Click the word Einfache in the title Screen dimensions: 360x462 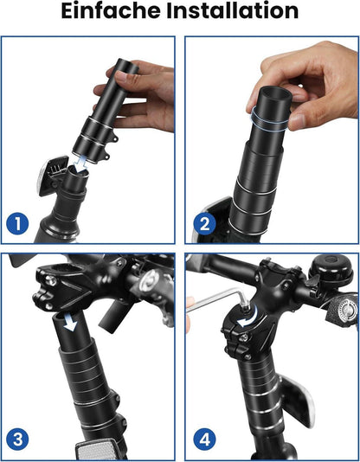tap(111, 11)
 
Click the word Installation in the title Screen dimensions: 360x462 tap(233, 11)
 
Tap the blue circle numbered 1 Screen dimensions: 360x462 tap(17, 223)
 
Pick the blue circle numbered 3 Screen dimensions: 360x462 tap(17, 440)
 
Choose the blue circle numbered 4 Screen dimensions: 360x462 tap(205, 440)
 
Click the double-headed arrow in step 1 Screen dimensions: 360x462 tap(80, 164)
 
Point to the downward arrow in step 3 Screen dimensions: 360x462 tap(70, 322)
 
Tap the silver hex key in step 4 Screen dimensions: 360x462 tap(219, 299)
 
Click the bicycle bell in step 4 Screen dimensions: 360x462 tap(331, 268)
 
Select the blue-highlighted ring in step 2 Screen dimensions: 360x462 tap(268, 119)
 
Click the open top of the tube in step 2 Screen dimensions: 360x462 tap(275, 95)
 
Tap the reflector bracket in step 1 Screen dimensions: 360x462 tap(53, 176)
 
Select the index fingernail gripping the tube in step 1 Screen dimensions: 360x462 tap(121, 78)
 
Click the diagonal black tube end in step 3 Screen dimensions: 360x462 tap(110, 316)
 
